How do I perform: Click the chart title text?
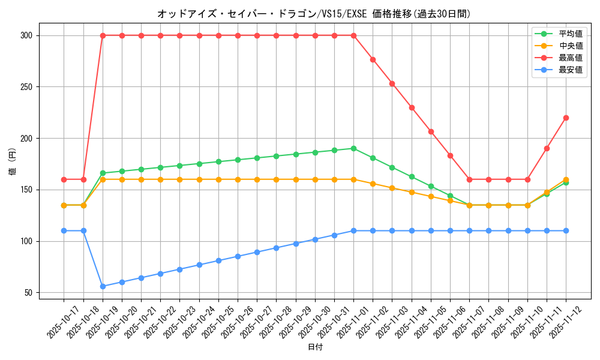(314, 14)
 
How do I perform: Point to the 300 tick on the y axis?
(26, 35)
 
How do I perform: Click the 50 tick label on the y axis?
(29, 293)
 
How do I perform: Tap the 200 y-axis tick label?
(26, 139)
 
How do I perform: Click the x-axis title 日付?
(315, 347)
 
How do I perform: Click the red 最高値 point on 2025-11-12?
(566, 118)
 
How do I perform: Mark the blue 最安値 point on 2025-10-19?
(103, 286)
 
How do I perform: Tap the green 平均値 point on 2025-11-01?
(353, 148)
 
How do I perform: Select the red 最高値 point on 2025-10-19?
(103, 35)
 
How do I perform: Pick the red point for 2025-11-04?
(412, 107)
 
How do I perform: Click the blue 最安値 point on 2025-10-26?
(238, 256)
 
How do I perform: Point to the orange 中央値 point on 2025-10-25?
(218, 179)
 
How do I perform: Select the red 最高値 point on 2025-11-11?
(547, 148)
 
